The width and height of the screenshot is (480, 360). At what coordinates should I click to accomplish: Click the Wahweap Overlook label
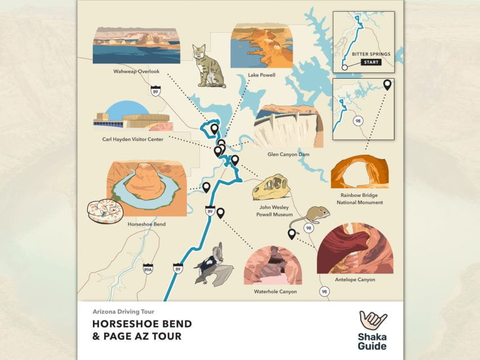[136, 72]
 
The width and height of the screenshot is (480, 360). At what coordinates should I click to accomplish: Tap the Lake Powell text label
[261, 75]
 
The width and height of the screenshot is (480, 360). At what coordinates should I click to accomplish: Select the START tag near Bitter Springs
[371, 62]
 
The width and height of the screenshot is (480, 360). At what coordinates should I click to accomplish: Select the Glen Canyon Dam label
[288, 154]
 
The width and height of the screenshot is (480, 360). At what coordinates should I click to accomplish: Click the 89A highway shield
[147, 269]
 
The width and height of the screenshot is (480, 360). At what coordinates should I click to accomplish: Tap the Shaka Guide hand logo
[373, 322]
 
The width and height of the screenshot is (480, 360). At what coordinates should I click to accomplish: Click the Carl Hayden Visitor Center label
[133, 139]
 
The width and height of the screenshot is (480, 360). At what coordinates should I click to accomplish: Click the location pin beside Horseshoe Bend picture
[206, 187]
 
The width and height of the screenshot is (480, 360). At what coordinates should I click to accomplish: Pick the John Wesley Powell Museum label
[275, 210]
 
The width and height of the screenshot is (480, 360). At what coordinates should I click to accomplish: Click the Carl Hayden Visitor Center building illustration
[132, 116]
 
